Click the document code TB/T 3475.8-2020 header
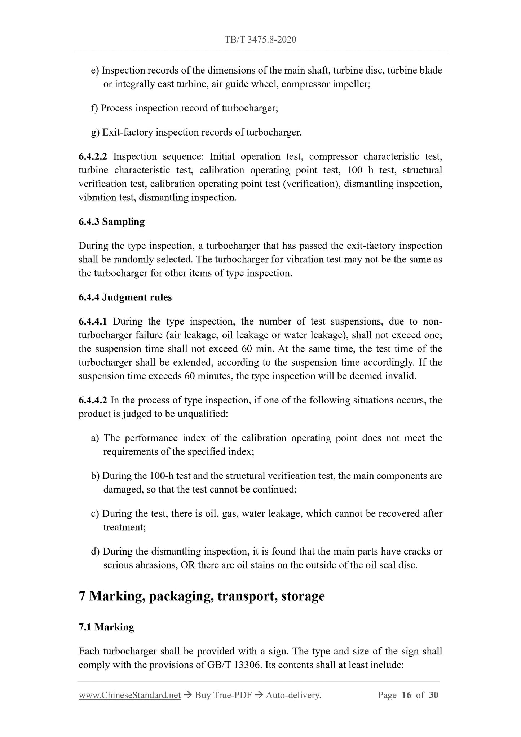[260, 40]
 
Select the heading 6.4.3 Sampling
[111, 222]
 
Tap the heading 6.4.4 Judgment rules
[125, 297]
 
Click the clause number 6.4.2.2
[93, 156]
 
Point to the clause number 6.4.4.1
[93, 321]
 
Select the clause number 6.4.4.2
[93, 400]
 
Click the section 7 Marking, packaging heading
[202, 596]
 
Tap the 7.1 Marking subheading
[106, 627]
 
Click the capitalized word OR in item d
[187, 565]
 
